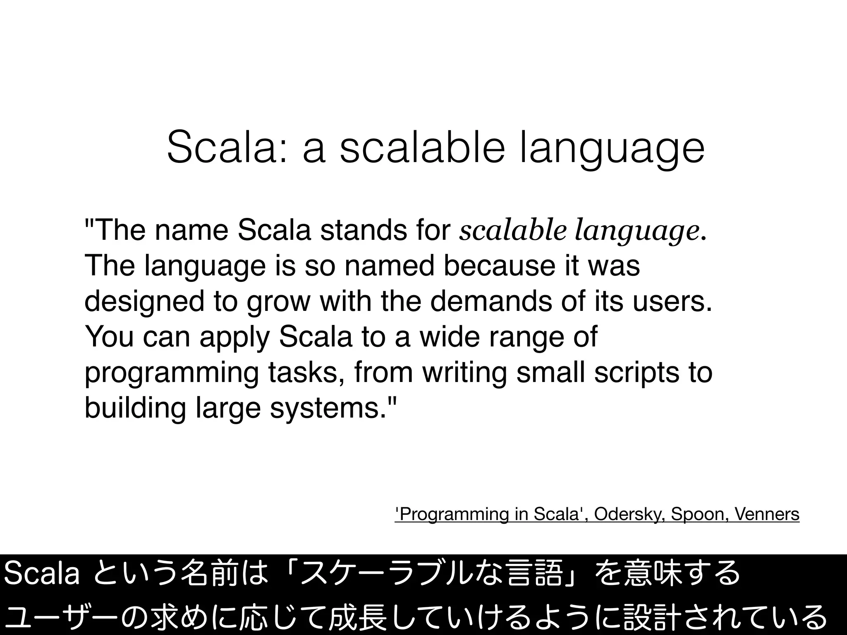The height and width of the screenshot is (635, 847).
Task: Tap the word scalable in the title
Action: (x=422, y=148)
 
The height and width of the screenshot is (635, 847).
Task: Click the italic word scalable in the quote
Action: (x=512, y=231)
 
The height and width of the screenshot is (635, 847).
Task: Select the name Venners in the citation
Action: (x=768, y=514)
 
